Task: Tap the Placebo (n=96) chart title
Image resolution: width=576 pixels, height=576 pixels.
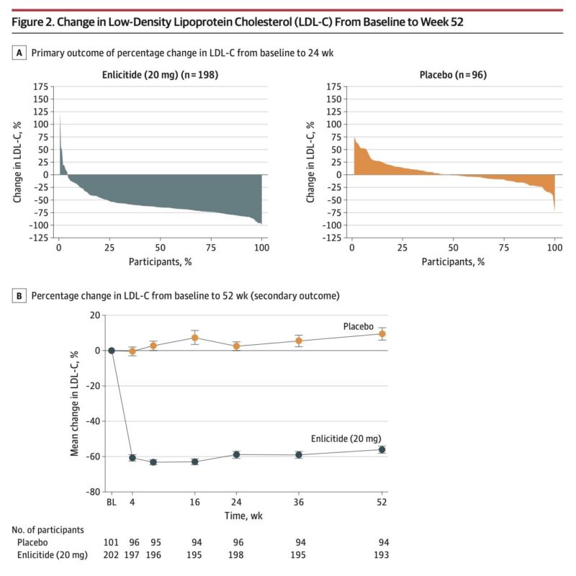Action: [x=451, y=74]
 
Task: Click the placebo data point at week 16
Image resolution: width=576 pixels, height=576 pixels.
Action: [x=194, y=338]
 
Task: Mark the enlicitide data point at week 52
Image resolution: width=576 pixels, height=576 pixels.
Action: [x=382, y=449]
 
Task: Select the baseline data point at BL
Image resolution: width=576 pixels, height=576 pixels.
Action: [x=112, y=351]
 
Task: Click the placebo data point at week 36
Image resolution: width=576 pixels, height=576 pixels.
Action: [x=298, y=341]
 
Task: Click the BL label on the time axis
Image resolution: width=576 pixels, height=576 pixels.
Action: [x=112, y=503]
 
